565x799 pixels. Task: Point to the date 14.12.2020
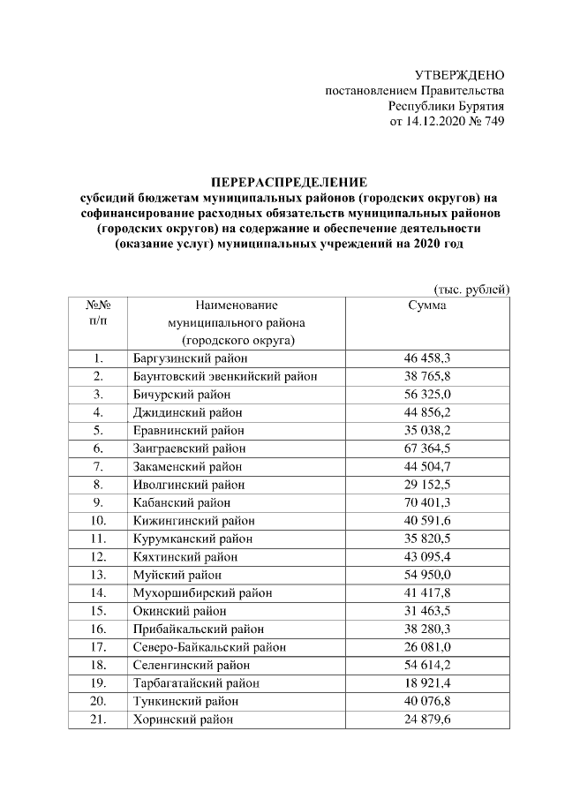(x=433, y=122)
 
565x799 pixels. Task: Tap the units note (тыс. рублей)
(x=471, y=289)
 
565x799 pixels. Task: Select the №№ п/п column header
(x=97, y=313)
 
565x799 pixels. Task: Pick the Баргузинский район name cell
(x=189, y=358)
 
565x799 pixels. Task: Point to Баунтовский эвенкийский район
(x=224, y=376)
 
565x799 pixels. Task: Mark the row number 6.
(x=97, y=448)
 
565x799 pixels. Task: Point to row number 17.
(x=97, y=646)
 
